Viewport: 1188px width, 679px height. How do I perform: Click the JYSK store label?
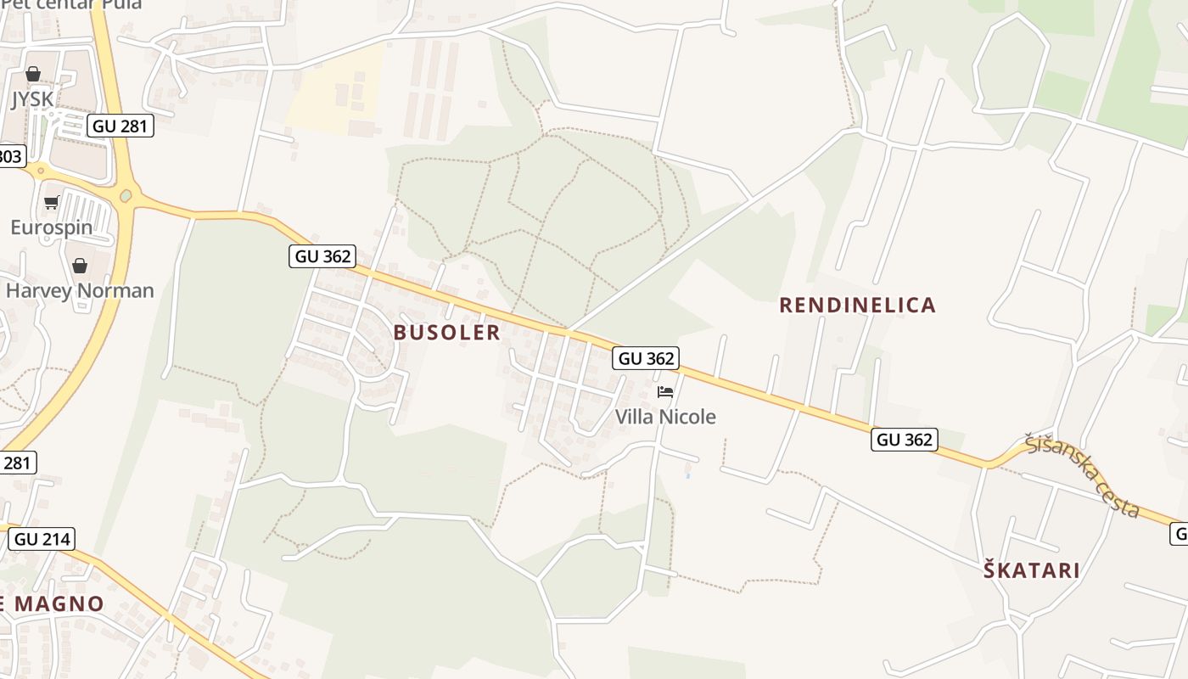[x=32, y=99]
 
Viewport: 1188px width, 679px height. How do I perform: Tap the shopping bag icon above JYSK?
[x=32, y=75]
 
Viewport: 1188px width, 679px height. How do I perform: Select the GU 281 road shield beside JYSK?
[x=120, y=126]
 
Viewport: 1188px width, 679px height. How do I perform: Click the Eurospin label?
[x=51, y=227]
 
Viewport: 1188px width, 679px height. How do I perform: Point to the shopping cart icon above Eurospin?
[x=51, y=203]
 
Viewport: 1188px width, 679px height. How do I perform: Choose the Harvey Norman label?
[x=80, y=291]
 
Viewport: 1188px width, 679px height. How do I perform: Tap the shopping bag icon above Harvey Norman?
[x=80, y=267]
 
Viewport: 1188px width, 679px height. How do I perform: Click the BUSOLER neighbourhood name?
[x=447, y=333]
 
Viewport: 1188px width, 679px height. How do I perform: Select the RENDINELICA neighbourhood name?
[x=857, y=306]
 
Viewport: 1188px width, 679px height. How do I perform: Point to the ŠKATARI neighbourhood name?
[x=1032, y=570]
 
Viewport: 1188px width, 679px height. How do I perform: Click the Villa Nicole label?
[x=665, y=417]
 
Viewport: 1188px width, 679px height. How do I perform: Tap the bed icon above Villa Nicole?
[x=665, y=392]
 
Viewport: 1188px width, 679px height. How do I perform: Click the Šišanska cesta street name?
[x=1081, y=476]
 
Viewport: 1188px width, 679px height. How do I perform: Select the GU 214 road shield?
[x=42, y=539]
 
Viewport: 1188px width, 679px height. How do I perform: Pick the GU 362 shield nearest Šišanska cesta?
[x=904, y=440]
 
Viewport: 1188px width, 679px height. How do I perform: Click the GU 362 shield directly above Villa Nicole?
[x=647, y=358]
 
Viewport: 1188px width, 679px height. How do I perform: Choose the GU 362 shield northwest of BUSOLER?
[x=322, y=256]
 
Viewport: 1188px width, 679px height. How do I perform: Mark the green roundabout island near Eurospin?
[x=126, y=196]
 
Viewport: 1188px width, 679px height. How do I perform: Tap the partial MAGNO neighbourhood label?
[x=53, y=604]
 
